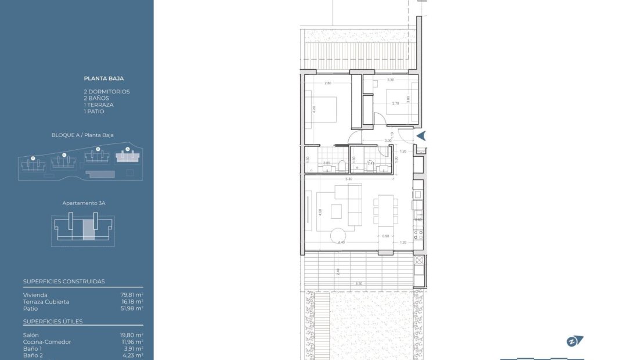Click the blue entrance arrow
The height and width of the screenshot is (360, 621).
click(x=422, y=136)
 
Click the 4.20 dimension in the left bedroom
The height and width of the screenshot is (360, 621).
click(x=314, y=108)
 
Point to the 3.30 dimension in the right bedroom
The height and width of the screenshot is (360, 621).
click(x=391, y=80)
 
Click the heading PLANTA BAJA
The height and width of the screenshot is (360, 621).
click(x=104, y=78)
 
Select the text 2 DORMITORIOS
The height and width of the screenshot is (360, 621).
click(x=107, y=92)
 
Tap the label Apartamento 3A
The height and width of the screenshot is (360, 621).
click(x=84, y=204)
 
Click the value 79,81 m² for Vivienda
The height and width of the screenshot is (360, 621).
click(x=131, y=295)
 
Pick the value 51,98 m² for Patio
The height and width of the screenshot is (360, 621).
click(x=131, y=308)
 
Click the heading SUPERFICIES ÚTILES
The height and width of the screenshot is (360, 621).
click(x=53, y=322)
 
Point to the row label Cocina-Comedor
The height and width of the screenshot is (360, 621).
click(x=47, y=342)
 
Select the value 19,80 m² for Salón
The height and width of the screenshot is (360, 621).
click(x=131, y=335)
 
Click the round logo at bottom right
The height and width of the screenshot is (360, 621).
click(x=573, y=341)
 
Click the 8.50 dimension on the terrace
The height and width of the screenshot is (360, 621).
click(x=359, y=283)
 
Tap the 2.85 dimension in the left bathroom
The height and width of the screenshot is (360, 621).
click(x=326, y=163)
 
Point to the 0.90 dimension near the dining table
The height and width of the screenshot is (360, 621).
click(x=385, y=236)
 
